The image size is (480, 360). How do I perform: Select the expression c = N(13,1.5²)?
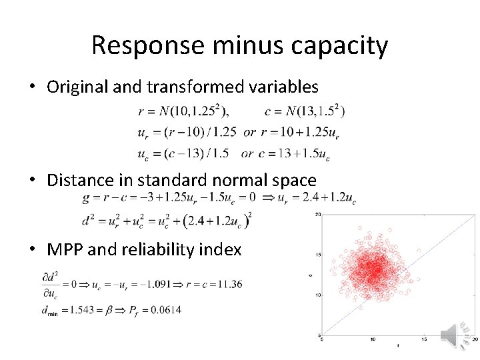[x=304, y=111]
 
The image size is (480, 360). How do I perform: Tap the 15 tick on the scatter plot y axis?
[x=318, y=254]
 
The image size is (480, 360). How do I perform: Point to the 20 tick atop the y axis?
[x=318, y=215]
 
